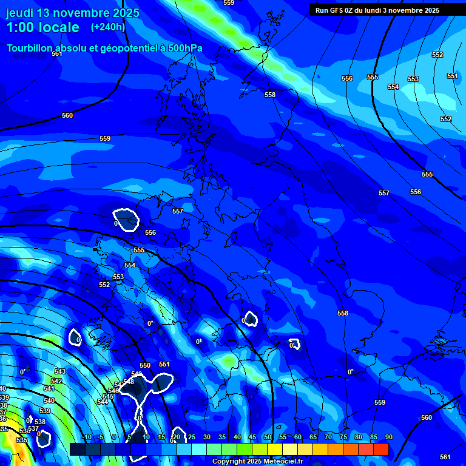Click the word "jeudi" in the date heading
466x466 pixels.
(x=20, y=13)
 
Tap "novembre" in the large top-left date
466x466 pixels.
(x=81, y=13)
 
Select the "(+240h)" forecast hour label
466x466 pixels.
(x=108, y=27)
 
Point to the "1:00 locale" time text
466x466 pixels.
(x=42, y=27)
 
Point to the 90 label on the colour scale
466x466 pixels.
(x=388, y=437)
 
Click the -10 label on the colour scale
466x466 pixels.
(x=86, y=437)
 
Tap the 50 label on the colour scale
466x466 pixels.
(x=267, y=437)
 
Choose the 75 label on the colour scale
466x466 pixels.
(x=343, y=437)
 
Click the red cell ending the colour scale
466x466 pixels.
(x=380, y=449)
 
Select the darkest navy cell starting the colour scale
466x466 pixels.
(x=77, y=449)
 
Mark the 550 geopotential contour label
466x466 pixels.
(x=145, y=366)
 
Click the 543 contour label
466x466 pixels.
(x=59, y=371)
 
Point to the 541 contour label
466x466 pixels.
(x=49, y=388)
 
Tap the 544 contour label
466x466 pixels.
(x=103, y=402)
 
